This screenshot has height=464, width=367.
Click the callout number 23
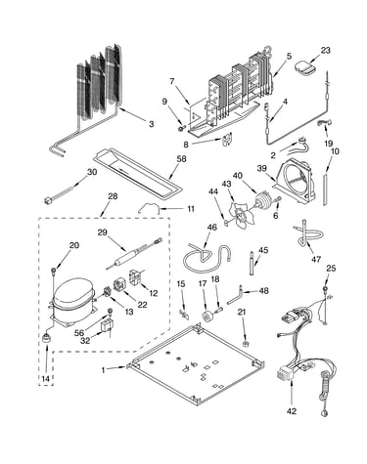tap(325, 51)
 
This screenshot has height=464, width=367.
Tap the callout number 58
tap(181, 159)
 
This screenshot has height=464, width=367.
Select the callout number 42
tap(292, 411)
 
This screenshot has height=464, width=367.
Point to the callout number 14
tap(46, 379)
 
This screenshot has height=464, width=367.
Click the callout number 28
tap(113, 196)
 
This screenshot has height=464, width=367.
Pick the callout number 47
tap(316, 259)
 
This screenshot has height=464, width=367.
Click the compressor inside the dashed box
tap(73, 300)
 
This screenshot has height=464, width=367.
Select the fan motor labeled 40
tap(264, 201)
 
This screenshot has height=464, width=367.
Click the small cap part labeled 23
tap(304, 67)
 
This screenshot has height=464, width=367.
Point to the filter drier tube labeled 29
tap(133, 254)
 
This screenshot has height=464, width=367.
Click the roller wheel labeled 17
tap(207, 316)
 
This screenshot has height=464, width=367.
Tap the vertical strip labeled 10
tap(325, 189)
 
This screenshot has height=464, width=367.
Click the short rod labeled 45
tap(252, 263)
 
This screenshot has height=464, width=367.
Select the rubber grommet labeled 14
tap(46, 337)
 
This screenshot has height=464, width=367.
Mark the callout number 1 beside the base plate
tap(104, 370)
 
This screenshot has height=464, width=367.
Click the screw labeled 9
tap(181, 129)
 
